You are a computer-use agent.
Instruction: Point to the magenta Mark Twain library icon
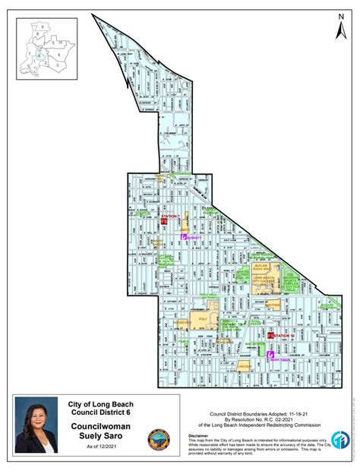pos(270,353)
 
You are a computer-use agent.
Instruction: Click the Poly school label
pos(203,320)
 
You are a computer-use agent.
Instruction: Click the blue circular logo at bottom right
pos(340,441)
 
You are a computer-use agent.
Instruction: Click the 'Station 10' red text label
pos(283,335)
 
